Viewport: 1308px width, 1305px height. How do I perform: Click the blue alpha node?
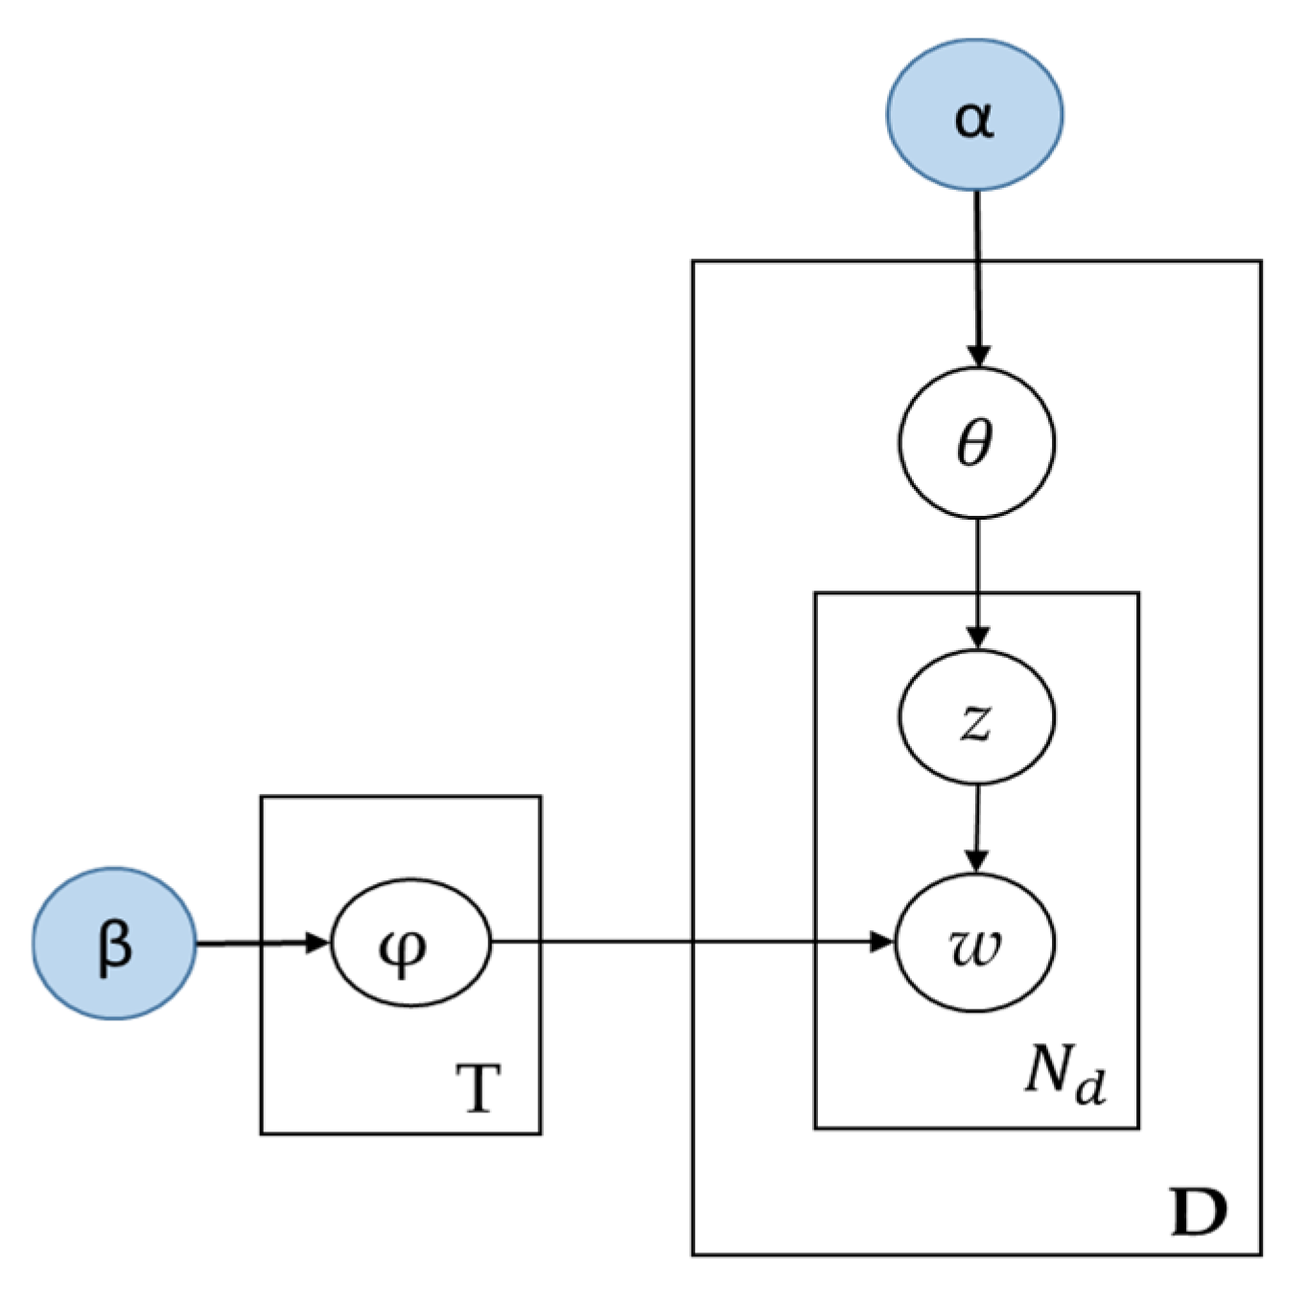tap(974, 114)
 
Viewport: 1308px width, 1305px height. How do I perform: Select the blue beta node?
tap(114, 944)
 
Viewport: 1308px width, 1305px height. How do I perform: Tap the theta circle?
tap(976, 443)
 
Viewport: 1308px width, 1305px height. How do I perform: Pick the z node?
tap(976, 717)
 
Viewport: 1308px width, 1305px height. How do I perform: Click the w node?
tap(975, 944)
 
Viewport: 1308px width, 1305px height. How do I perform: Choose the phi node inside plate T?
tap(410, 944)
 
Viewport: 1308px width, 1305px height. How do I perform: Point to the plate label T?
tap(479, 1088)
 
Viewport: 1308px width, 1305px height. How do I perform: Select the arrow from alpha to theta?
tap(976, 278)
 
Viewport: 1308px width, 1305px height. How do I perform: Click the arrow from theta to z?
tap(977, 580)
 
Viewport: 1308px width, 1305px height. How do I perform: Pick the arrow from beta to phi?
tap(259, 944)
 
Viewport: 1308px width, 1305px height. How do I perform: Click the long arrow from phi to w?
tap(690, 943)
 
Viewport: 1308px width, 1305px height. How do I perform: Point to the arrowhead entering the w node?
tap(881, 943)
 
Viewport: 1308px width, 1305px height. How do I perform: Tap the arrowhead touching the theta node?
tap(977, 355)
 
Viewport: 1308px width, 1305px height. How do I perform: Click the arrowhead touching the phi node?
tap(318, 944)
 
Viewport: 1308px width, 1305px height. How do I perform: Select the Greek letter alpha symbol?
tap(974, 119)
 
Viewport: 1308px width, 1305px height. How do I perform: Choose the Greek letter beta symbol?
tap(114, 945)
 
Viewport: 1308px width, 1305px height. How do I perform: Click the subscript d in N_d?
tap(1090, 1086)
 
